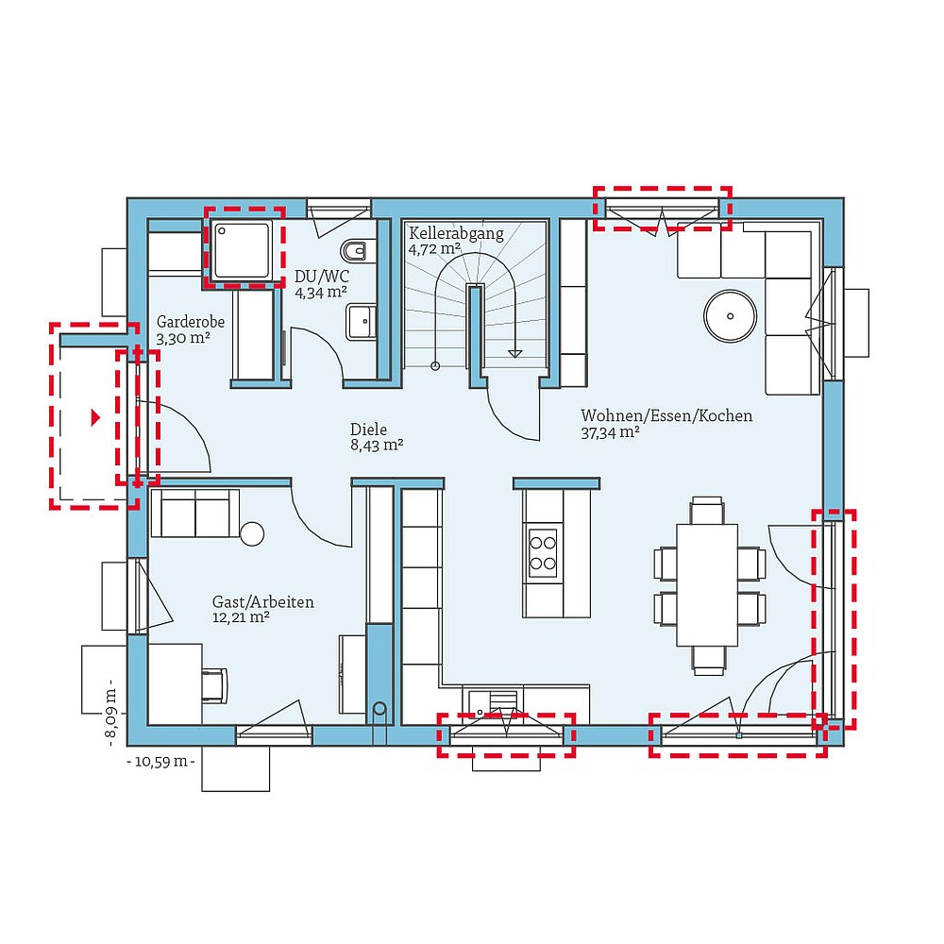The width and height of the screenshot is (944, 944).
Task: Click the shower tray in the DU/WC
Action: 244,249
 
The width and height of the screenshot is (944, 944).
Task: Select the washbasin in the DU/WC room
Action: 360,321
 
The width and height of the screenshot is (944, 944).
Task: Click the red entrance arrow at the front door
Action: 94,416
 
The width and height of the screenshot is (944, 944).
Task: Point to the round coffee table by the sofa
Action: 732,314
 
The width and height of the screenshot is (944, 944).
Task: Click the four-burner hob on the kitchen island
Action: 543,552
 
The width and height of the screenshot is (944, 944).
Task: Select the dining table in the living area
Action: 708,585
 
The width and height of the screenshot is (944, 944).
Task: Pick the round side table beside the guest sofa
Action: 252,533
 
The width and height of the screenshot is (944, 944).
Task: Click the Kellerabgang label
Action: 456,233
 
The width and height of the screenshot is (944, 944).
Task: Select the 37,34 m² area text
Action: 611,432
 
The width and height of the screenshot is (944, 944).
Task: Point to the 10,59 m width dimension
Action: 160,760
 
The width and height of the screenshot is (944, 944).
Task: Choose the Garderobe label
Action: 191,321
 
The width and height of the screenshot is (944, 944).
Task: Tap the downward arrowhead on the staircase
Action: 514,353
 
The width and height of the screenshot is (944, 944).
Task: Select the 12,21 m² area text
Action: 241,617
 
